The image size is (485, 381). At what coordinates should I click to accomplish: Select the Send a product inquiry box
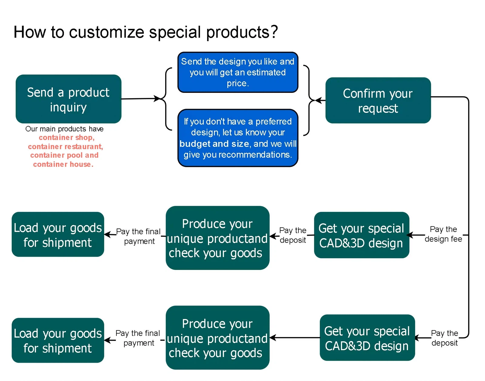tap(69, 99)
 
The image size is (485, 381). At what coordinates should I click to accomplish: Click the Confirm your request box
tap(378, 100)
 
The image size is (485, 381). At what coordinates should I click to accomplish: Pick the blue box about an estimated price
tap(238, 72)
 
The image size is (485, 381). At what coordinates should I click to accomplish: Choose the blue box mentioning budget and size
tap(238, 138)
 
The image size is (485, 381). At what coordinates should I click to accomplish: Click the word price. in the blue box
tap(238, 83)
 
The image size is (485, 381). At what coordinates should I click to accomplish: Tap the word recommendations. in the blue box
tap(255, 155)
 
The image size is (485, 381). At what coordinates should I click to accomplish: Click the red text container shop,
tap(67, 137)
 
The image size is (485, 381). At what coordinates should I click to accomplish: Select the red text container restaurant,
tap(65, 147)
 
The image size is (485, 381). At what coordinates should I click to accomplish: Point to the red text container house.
tap(63, 164)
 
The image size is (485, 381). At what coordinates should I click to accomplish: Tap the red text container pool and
tap(64, 155)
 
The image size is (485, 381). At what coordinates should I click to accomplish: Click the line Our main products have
tap(64, 129)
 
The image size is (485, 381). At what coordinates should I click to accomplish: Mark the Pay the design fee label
tap(443, 234)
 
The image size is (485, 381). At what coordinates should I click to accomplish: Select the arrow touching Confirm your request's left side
tap(320, 100)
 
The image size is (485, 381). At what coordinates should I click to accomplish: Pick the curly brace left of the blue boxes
tap(167, 99)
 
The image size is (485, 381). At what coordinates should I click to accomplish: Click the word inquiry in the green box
tap(69, 107)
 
